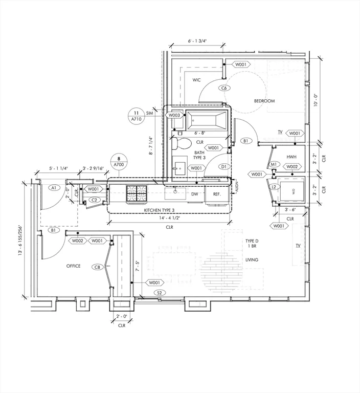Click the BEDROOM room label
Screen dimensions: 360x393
click(x=264, y=101)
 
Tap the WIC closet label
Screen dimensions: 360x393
click(x=196, y=80)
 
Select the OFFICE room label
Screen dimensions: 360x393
click(x=74, y=266)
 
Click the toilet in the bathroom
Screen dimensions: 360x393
click(x=182, y=143)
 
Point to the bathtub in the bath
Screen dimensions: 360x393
click(x=207, y=121)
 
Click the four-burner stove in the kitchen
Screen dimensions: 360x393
click(x=137, y=193)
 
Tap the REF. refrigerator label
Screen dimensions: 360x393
click(x=217, y=194)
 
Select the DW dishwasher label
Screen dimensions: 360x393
click(x=195, y=194)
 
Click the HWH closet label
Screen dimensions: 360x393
click(x=291, y=157)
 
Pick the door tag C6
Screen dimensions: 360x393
click(x=224, y=88)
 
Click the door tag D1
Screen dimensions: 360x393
click(x=223, y=166)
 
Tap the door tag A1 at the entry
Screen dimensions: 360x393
click(x=54, y=188)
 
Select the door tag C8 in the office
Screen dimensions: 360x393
click(x=98, y=267)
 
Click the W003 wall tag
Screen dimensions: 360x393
click(x=174, y=115)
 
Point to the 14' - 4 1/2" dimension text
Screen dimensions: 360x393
click(x=170, y=218)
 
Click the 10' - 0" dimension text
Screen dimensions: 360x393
click(x=316, y=100)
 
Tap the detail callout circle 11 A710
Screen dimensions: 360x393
click(x=137, y=116)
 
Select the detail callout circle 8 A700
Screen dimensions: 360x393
click(x=119, y=162)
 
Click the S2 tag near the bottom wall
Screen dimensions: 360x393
click(x=160, y=293)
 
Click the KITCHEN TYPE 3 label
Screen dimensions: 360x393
click(x=159, y=210)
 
